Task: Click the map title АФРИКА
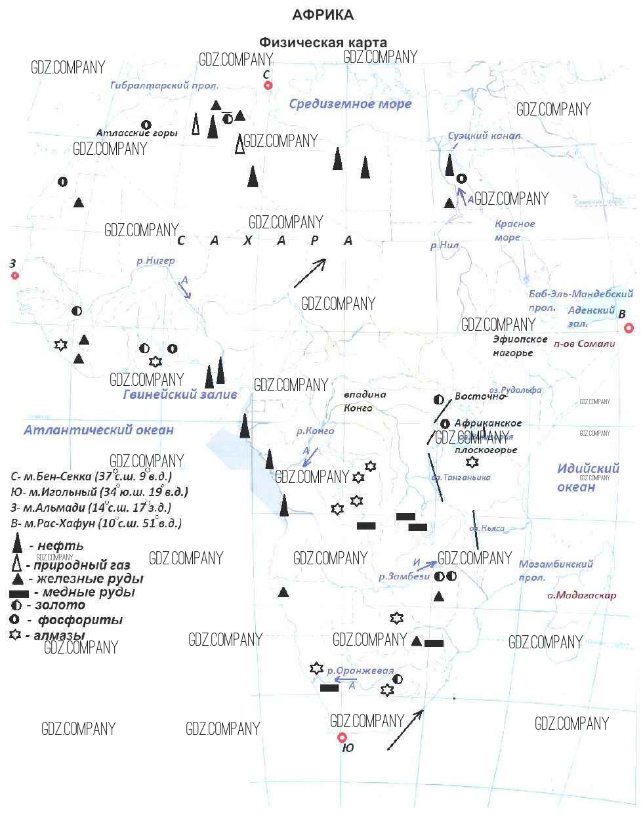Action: pyautogui.click(x=322, y=15)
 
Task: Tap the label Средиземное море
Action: pyautogui.click(x=350, y=104)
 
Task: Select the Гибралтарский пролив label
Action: pyautogui.click(x=164, y=85)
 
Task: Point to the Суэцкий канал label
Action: pyautogui.click(x=484, y=136)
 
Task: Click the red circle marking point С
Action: pyautogui.click(x=267, y=86)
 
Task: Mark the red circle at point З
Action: pyautogui.click(x=15, y=276)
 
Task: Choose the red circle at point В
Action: pyautogui.click(x=629, y=328)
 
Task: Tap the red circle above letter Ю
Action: pyautogui.click(x=341, y=738)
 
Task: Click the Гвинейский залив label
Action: pyautogui.click(x=180, y=394)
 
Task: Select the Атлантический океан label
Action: pyautogui.click(x=98, y=430)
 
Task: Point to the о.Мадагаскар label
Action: pyautogui.click(x=582, y=595)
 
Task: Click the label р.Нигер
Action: pyautogui.click(x=156, y=261)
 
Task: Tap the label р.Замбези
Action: pyautogui.click(x=404, y=576)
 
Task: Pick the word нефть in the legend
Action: pyautogui.click(x=60, y=545)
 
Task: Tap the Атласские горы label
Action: pyautogui.click(x=136, y=133)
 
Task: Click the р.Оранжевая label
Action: pyautogui.click(x=360, y=671)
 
